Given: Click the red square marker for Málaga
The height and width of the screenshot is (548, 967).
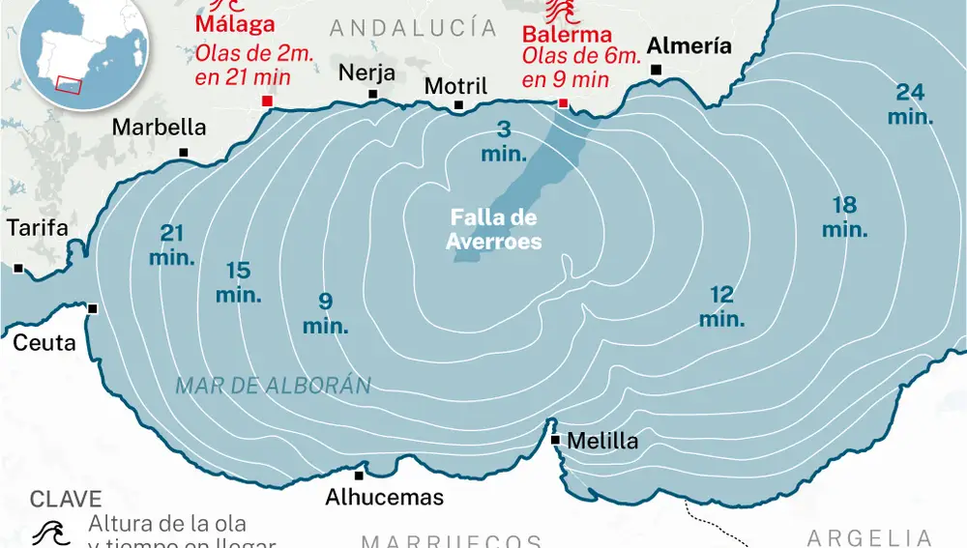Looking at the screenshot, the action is pyautogui.click(x=267, y=101).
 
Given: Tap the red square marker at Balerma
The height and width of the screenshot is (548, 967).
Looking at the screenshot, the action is pyautogui.click(x=563, y=103).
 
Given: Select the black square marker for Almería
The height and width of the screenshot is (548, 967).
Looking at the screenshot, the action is pyautogui.click(x=657, y=70).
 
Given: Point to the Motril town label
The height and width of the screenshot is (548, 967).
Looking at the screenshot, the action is pyautogui.click(x=456, y=86).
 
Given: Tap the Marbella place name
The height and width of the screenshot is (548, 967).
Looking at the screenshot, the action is pyautogui.click(x=160, y=127).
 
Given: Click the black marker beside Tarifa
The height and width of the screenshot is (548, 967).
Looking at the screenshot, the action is pyautogui.click(x=17, y=268).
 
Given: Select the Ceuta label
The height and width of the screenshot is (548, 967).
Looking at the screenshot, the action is pyautogui.click(x=44, y=342).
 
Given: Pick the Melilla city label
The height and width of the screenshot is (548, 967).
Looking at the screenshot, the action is pyautogui.click(x=602, y=441).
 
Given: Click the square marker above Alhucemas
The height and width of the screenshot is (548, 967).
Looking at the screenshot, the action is pyautogui.click(x=359, y=475).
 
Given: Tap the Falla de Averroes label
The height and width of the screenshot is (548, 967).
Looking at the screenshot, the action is pyautogui.click(x=493, y=230).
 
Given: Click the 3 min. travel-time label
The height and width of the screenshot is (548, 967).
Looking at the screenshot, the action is pyautogui.click(x=504, y=141).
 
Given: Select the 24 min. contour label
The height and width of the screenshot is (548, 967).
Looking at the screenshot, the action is pyautogui.click(x=911, y=104).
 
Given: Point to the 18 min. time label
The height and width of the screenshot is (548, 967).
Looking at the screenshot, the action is pyautogui.click(x=845, y=217).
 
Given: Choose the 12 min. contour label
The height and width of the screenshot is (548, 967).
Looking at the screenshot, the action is pyautogui.click(x=721, y=306).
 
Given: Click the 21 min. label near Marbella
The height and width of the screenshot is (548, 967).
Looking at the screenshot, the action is pyautogui.click(x=172, y=245).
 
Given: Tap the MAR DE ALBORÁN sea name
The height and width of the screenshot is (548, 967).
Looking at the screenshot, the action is pyautogui.click(x=274, y=386).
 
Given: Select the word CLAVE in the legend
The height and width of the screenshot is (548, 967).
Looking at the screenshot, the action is pyautogui.click(x=66, y=499).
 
